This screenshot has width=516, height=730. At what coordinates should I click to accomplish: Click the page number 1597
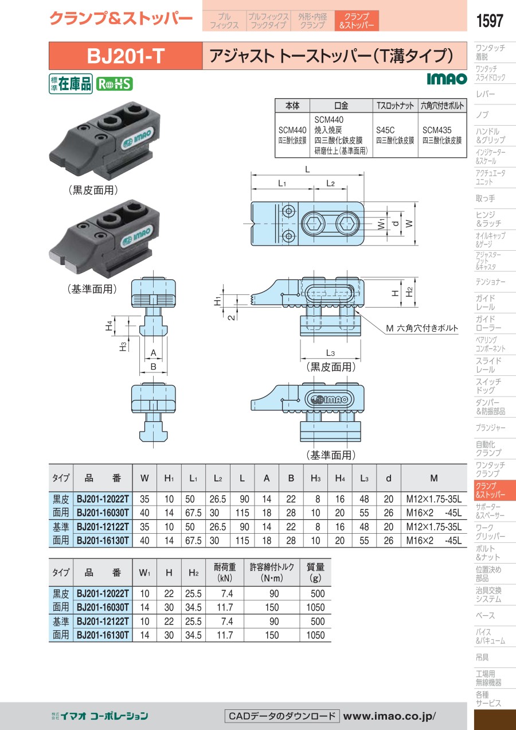pyautogui.click(x=490, y=21)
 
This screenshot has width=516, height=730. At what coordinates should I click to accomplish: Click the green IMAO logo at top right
pyautogui.click(x=447, y=79)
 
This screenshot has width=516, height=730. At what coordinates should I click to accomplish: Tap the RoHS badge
pyautogui.click(x=114, y=84)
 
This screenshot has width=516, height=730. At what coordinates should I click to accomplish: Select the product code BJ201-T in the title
pyautogui.click(x=126, y=56)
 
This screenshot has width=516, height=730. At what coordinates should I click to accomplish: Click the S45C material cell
pyautogui.click(x=385, y=130)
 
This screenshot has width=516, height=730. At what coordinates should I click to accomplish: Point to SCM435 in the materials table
pyautogui.click(x=437, y=130)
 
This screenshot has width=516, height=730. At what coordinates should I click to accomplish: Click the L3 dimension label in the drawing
pyautogui.click(x=330, y=352)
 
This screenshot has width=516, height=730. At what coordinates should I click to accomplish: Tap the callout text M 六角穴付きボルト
pyautogui.click(x=421, y=328)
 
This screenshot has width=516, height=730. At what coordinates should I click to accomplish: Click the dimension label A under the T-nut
pyautogui.click(x=153, y=352)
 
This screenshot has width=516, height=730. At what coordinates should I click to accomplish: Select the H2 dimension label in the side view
pyautogui.click(x=409, y=292)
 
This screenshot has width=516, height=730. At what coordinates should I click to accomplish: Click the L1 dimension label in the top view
pyautogui.click(x=282, y=184)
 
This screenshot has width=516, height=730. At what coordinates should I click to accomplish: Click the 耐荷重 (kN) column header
pyautogui.click(x=225, y=572)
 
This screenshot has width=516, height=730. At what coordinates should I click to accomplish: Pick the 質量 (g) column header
pyautogui.click(x=315, y=572)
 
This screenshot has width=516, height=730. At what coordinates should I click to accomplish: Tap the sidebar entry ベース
pyautogui.click(x=485, y=616)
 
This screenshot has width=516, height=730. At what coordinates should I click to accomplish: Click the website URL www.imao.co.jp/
pyautogui.click(x=389, y=716)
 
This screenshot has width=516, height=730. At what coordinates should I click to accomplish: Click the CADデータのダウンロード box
pyautogui.click(x=282, y=716)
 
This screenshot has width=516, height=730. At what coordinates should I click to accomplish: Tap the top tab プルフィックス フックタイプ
pyautogui.click(x=268, y=21)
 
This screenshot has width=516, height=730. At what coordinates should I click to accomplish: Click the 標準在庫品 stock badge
pyautogui.click(x=71, y=84)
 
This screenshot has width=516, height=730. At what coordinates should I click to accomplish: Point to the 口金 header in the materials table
pyautogui.click(x=341, y=106)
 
